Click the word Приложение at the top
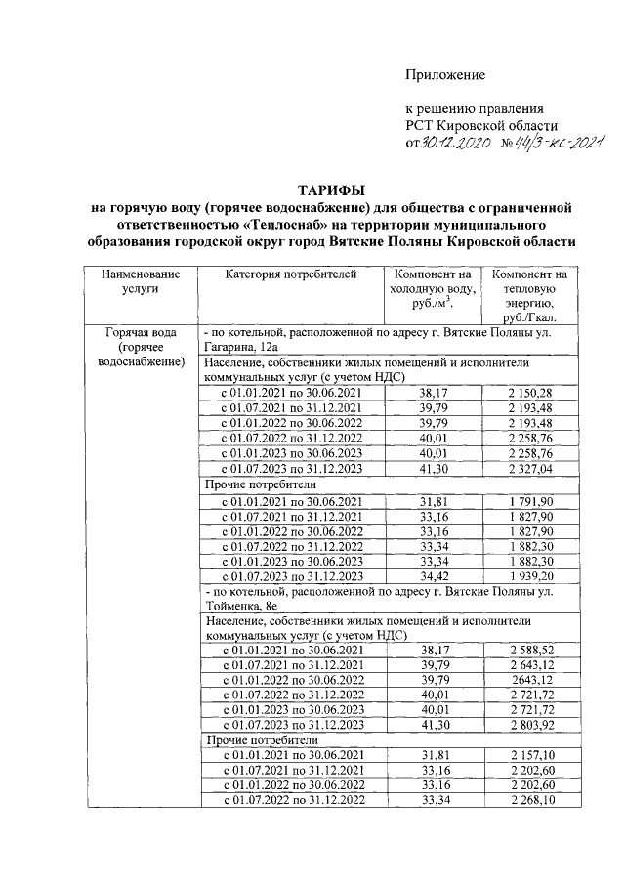pos(445,75)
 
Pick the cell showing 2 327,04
pos(530,468)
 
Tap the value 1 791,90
pos(530,501)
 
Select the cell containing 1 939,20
pos(530,576)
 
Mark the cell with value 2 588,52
pos(530,650)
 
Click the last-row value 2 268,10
pos(530,802)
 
